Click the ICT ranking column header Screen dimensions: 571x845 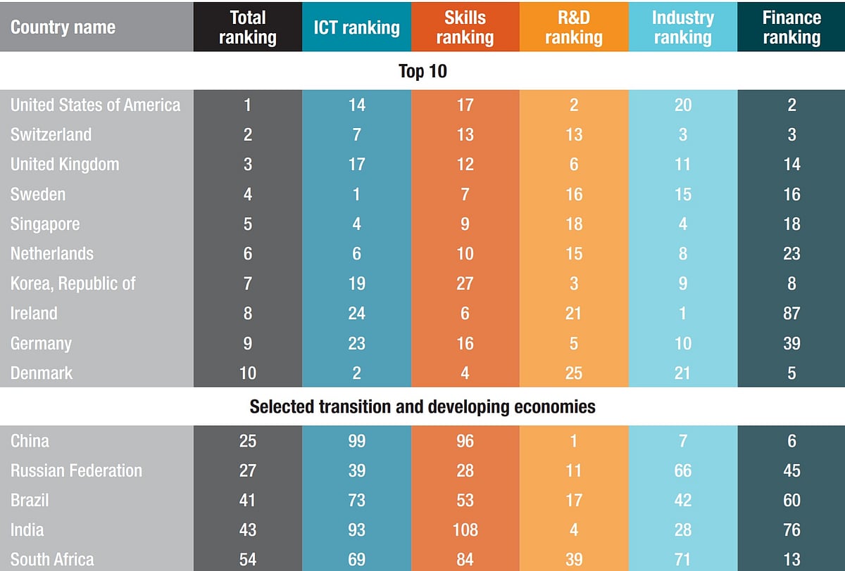356,27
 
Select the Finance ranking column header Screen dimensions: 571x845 791,27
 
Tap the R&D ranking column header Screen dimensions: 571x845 574,27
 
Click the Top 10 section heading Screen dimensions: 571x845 423,72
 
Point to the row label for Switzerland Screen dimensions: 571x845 51,134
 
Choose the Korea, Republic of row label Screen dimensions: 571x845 73,283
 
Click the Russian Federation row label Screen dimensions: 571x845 76,470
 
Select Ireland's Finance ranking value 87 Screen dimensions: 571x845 791,313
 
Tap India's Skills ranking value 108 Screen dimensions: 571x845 465,530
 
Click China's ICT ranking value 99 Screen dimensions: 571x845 356,441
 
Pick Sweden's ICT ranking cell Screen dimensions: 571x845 356,194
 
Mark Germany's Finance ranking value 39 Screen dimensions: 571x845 791,343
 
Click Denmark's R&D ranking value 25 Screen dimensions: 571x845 574,373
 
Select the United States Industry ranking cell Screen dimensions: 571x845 682,105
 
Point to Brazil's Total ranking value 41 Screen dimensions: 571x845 247,500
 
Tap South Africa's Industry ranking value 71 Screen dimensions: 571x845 682,559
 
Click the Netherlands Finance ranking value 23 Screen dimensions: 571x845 791,254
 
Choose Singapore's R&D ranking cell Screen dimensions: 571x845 574,224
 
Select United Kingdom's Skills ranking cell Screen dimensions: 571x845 465,165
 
